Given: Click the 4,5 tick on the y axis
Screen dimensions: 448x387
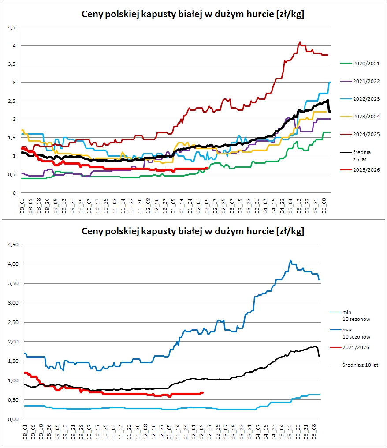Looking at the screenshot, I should click(x=11, y=28).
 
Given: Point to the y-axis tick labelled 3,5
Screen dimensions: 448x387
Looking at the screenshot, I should click(x=11, y=64).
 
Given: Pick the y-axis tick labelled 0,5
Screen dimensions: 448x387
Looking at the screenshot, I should click(x=11, y=174).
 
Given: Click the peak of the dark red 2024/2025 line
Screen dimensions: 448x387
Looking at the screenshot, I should click(x=300, y=42).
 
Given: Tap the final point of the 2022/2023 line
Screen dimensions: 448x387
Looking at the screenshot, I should click(x=330, y=83).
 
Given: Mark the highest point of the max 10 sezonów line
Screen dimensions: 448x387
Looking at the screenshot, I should click(x=290, y=260).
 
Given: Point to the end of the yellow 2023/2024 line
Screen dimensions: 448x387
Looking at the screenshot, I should click(x=326, y=112).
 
